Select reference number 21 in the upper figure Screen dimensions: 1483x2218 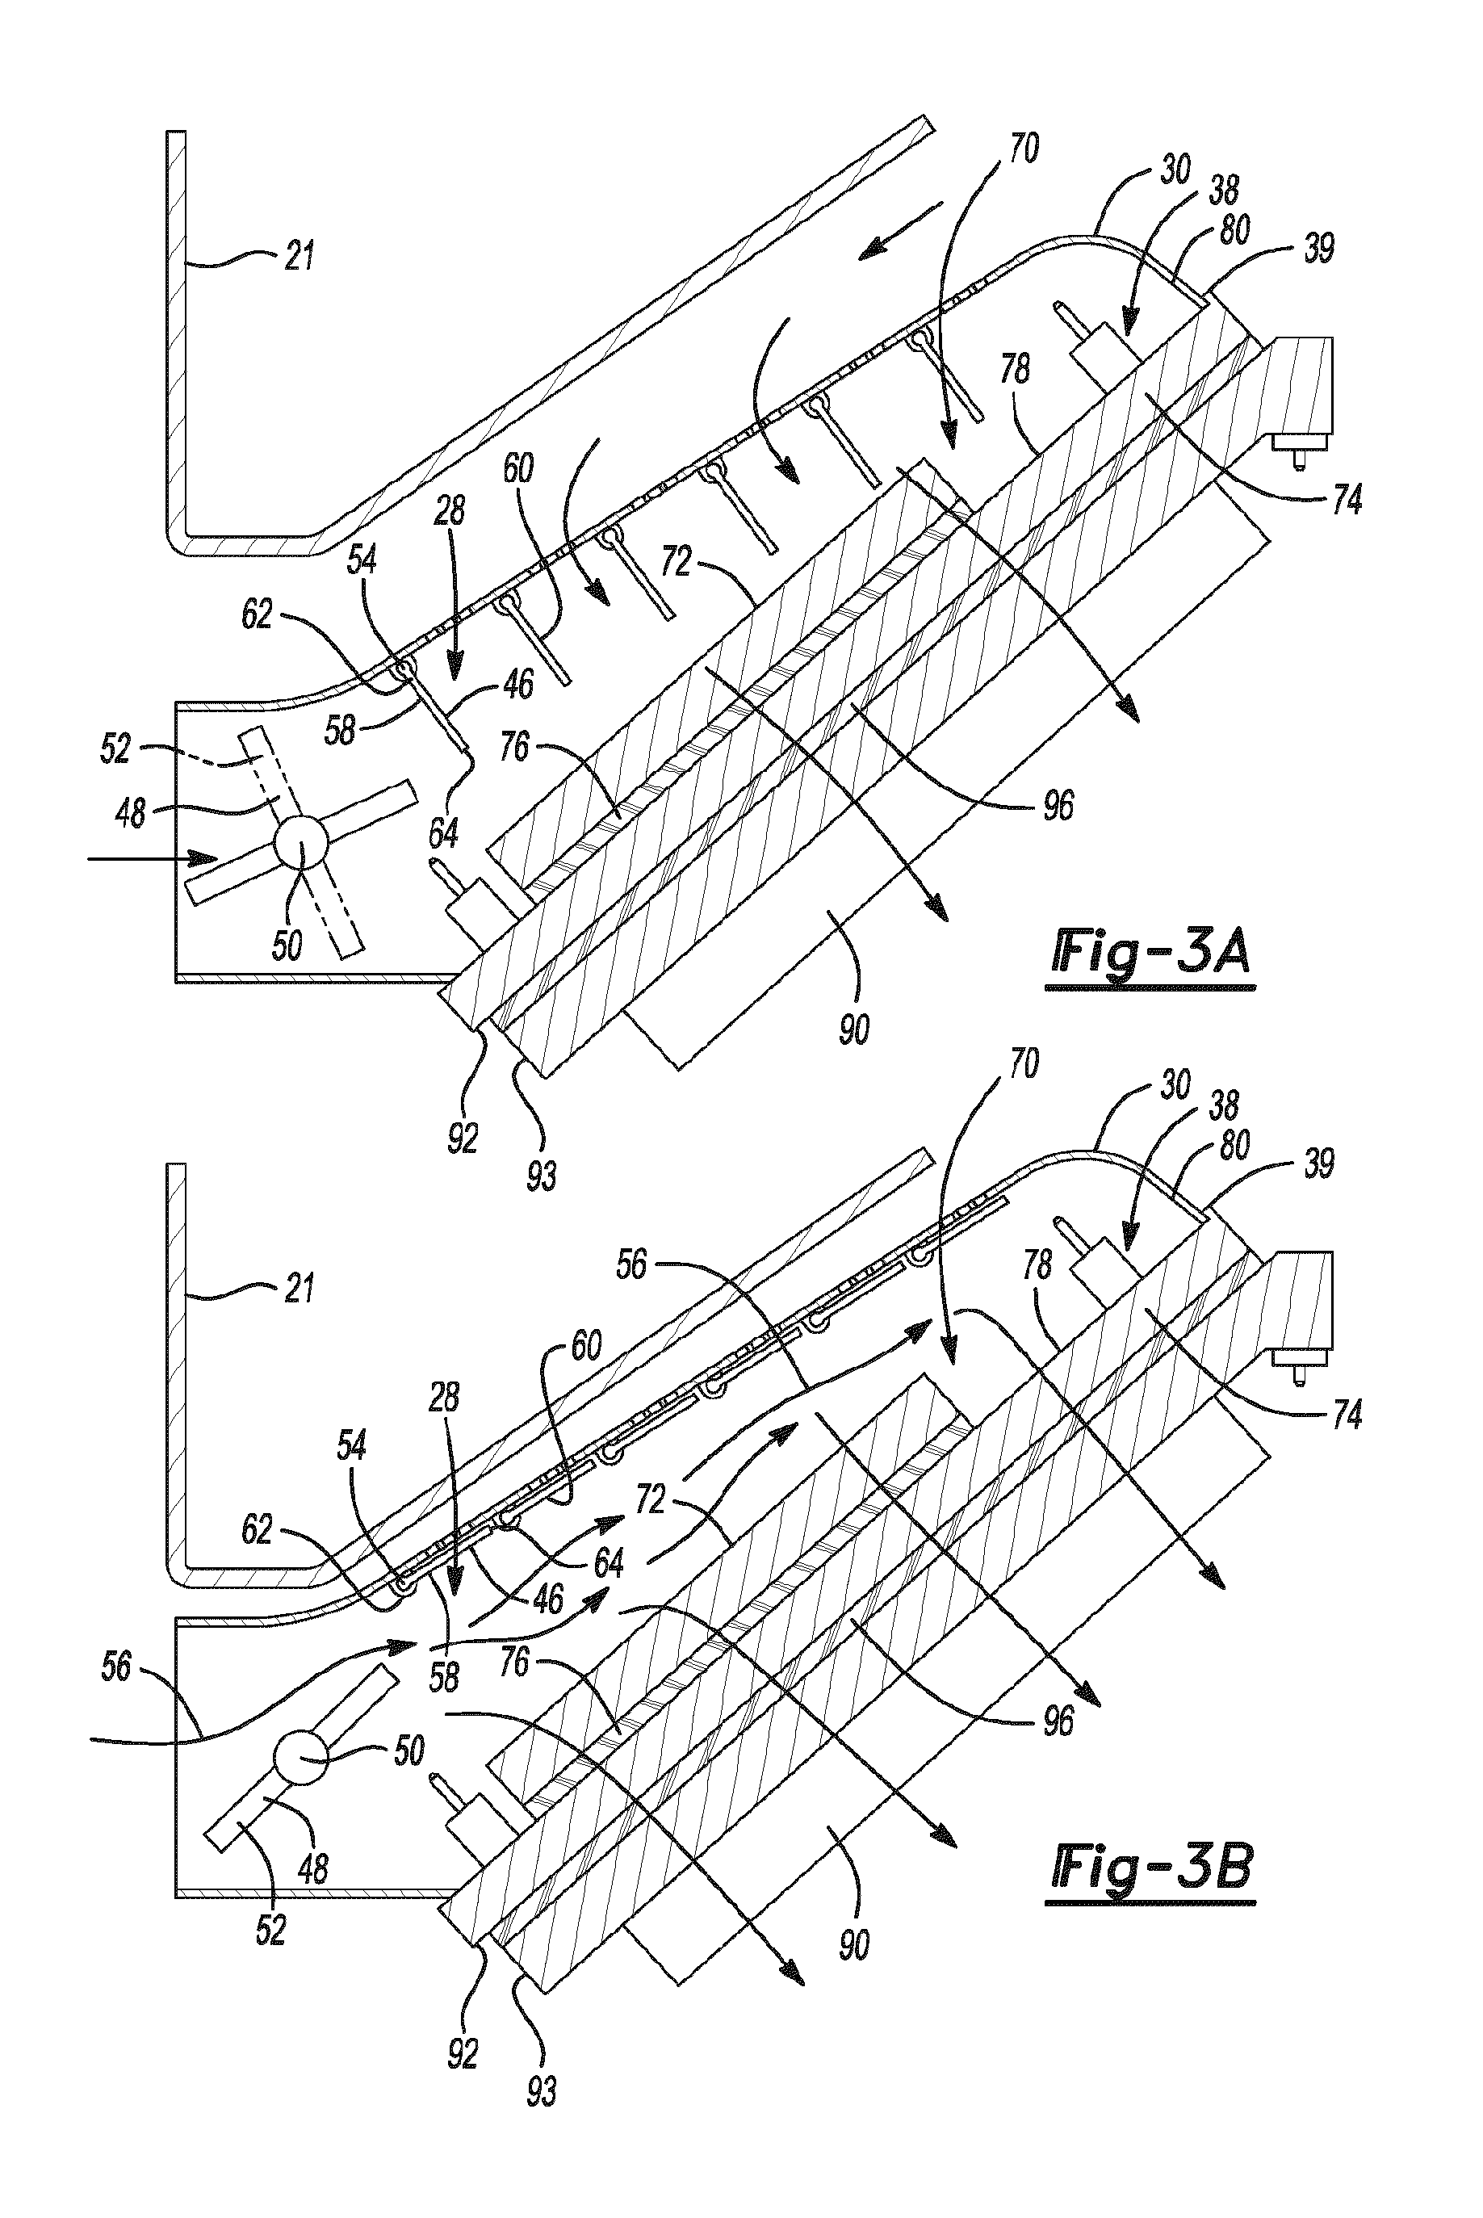pyautogui.click(x=300, y=256)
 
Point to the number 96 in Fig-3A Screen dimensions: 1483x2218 pyautogui.click(x=1058, y=806)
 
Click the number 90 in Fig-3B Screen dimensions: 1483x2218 pyautogui.click(x=854, y=1946)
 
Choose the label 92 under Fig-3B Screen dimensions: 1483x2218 pyautogui.click(x=463, y=2053)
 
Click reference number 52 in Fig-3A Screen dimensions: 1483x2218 pyautogui.click(x=115, y=749)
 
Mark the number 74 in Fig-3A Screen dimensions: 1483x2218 pyautogui.click(x=1347, y=500)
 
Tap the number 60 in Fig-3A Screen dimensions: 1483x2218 pyautogui.click(x=518, y=468)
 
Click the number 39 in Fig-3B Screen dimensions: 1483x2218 pyautogui.click(x=1319, y=1164)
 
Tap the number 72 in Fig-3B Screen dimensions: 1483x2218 pyautogui.click(x=651, y=1499)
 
